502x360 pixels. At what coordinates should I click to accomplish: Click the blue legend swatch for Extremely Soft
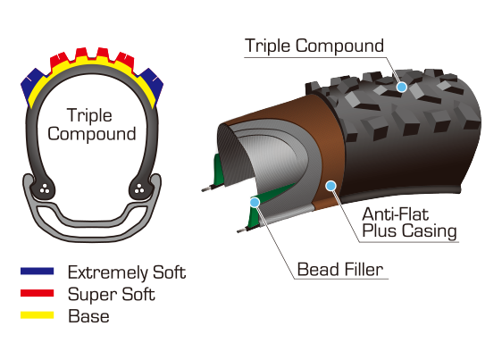(x=38, y=272)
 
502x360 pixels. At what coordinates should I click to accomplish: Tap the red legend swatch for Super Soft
(x=38, y=293)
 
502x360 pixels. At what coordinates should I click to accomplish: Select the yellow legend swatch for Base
(x=38, y=314)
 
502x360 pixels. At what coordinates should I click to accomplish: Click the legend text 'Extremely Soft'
(x=127, y=272)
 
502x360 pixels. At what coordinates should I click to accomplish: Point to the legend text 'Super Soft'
(x=112, y=294)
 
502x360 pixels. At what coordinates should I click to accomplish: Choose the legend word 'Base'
(x=88, y=316)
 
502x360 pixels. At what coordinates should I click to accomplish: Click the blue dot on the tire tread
(x=402, y=87)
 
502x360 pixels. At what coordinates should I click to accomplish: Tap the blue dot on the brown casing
(x=330, y=186)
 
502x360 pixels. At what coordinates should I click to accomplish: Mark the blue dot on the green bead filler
(x=255, y=202)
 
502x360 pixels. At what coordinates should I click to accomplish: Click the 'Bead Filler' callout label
(x=340, y=270)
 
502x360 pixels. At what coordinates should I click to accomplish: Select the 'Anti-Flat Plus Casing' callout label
(x=409, y=222)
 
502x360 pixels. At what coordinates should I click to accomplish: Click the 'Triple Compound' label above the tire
(x=314, y=46)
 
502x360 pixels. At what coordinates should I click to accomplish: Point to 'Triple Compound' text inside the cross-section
(x=92, y=124)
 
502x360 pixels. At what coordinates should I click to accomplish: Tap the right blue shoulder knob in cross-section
(x=152, y=84)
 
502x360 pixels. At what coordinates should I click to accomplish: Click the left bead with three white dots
(x=45, y=189)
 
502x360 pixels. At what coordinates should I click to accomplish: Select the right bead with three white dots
(x=139, y=189)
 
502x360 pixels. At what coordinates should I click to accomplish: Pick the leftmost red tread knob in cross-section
(x=59, y=61)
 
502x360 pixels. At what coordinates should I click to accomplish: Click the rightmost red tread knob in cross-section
(x=125, y=61)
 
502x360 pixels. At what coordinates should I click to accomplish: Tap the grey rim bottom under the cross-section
(x=92, y=235)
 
